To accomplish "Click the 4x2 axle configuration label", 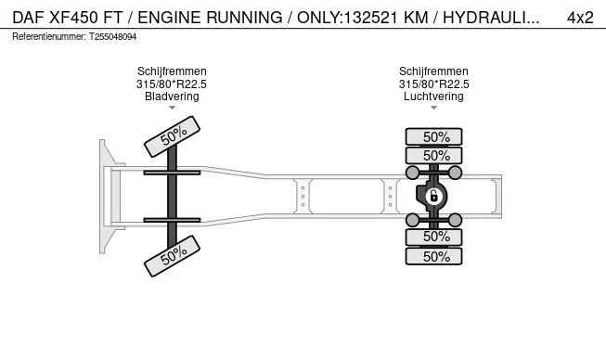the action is click(x=580, y=18).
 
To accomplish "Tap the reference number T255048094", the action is click(x=113, y=37).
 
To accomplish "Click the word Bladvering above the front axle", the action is click(x=172, y=96).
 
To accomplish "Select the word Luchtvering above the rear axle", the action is click(x=433, y=96).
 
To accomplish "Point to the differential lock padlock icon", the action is click(x=433, y=197).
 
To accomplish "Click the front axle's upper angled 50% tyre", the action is click(x=172, y=136).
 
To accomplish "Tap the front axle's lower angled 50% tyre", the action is click(x=172, y=256).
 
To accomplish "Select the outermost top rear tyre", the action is click(x=433, y=136).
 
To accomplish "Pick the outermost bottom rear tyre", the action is click(x=433, y=256).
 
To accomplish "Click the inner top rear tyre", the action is click(x=433, y=156).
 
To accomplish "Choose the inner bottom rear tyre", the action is click(x=433, y=237).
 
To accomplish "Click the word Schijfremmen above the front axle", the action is click(x=172, y=71).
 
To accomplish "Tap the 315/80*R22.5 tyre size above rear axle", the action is click(x=434, y=84).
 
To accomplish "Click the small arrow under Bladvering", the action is click(x=172, y=108).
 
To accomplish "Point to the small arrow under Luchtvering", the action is click(x=433, y=108).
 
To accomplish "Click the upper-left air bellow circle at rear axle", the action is click(x=412, y=173).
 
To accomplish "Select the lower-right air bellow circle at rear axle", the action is click(x=456, y=220).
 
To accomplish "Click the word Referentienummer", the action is click(x=49, y=37).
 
